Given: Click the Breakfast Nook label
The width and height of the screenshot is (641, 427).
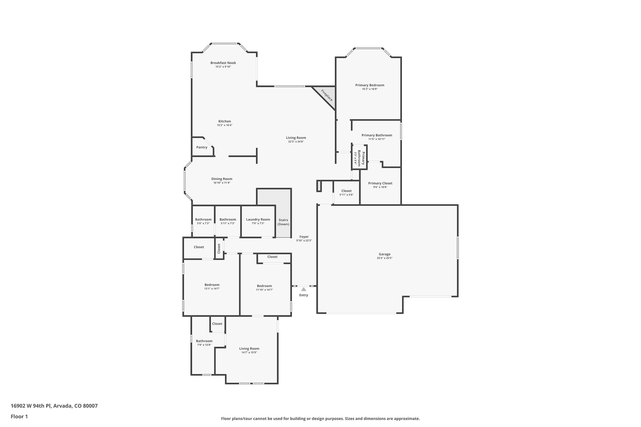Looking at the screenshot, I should click(223, 63).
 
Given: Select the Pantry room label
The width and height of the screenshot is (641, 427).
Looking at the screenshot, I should click(202, 147).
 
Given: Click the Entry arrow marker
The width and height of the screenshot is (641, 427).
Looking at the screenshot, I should click(304, 289).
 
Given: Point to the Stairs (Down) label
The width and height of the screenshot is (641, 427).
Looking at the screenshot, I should click(283, 222).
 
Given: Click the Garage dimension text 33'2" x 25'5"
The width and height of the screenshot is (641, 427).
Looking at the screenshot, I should click(385, 258).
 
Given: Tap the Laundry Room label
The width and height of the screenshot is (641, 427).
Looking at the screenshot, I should click(258, 220).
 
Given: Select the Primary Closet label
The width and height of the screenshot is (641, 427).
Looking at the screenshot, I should click(380, 183).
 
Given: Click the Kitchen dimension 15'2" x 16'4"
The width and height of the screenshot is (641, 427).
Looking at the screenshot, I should click(224, 125).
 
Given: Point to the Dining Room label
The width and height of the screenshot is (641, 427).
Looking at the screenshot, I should click(222, 179).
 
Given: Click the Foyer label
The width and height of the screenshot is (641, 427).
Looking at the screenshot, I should click(304, 237).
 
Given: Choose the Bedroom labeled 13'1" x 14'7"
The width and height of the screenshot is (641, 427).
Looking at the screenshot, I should click(212, 285).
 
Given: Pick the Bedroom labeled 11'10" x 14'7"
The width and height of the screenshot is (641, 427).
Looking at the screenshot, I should click(264, 286).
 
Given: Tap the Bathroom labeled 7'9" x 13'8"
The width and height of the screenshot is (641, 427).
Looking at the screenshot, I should click(204, 341).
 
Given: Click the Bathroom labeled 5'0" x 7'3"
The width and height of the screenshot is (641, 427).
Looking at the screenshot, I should click(203, 220).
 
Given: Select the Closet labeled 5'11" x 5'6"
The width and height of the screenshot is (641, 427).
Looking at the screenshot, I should click(346, 191).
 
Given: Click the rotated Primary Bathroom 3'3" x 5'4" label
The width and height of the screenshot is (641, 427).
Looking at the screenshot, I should click(359, 158).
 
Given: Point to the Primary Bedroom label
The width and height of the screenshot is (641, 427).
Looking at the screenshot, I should click(370, 85).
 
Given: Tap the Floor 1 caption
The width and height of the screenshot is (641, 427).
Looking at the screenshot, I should click(19, 416).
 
